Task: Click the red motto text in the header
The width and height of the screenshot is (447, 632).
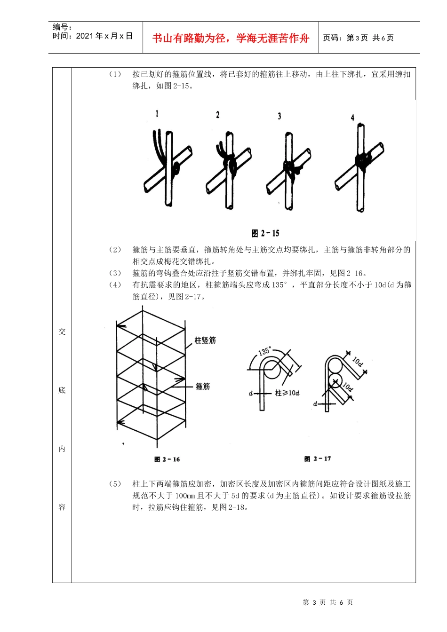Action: coord(231,38)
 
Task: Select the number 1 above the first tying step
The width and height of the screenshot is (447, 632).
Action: coord(157,113)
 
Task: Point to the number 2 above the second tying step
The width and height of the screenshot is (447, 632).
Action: coord(217,115)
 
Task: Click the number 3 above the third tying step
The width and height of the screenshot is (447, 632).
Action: coord(279,116)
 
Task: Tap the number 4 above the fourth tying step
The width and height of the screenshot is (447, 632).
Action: coord(352,117)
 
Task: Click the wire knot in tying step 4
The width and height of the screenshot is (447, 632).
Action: coord(363,160)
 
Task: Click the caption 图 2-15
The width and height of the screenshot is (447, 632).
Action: coord(265,233)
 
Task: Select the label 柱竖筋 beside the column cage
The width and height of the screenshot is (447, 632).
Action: coord(205,340)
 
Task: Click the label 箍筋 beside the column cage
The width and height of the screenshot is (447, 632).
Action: coord(203,386)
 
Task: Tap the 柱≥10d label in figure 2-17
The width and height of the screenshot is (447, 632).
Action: coord(287,393)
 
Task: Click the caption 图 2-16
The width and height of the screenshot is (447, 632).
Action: coord(167,459)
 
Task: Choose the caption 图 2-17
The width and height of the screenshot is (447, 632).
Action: coord(318,458)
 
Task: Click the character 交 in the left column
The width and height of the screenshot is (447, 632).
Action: coord(62,332)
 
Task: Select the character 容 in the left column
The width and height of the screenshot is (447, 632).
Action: coord(62,507)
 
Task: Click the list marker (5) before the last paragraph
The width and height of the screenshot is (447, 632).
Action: coord(115,484)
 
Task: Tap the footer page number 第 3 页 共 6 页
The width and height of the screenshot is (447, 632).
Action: coord(328,602)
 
